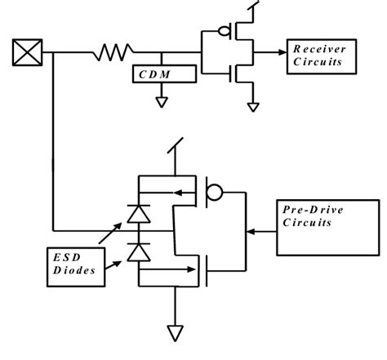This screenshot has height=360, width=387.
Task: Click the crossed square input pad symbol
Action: click(x=26, y=54)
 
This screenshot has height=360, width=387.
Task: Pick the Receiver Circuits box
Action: click(x=321, y=56)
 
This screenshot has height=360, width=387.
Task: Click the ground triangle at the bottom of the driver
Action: click(x=174, y=331)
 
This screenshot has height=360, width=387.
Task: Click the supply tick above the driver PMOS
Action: click(x=174, y=147)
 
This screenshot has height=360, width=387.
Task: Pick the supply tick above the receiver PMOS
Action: click(x=254, y=7)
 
